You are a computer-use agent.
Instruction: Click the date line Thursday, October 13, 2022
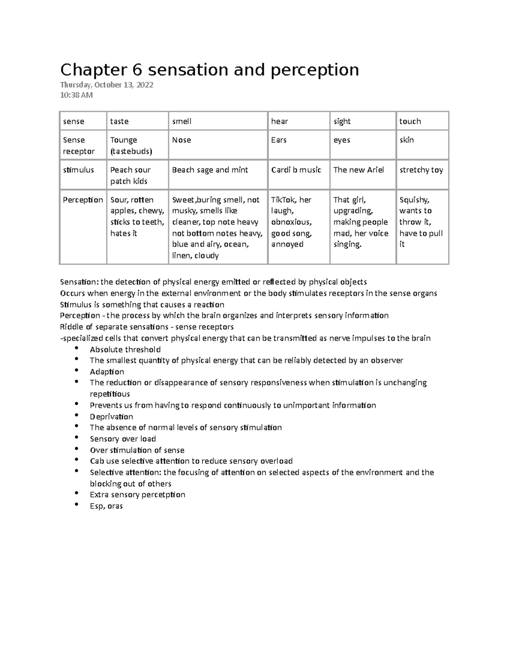pos(107,85)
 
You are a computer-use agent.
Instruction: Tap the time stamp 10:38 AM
pos(76,95)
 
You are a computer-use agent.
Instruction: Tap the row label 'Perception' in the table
pos(83,200)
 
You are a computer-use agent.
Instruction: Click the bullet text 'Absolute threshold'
pos(125,350)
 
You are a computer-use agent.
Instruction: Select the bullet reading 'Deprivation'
pos(111,417)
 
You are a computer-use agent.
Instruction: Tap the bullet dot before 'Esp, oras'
pos(76,504)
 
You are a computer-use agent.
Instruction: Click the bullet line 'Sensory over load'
pos(123,439)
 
